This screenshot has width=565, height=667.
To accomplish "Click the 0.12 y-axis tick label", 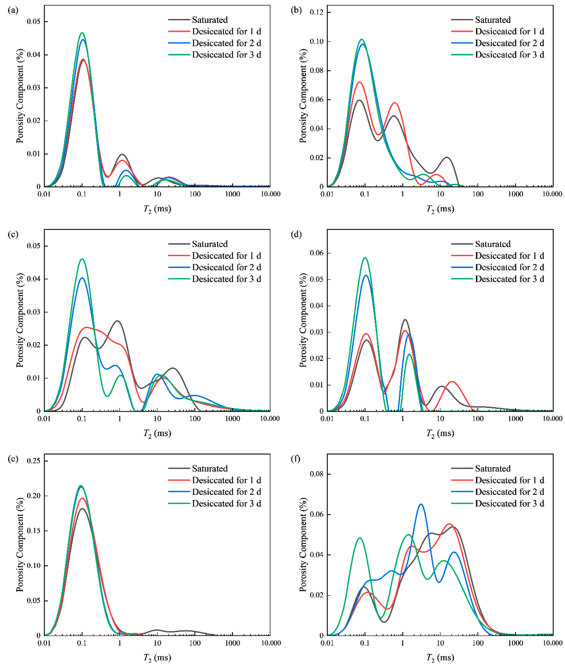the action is [x=317, y=12].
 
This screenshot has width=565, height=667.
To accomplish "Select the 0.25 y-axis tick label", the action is [x=34, y=461].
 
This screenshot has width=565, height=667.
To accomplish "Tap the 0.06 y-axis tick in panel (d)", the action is [x=317, y=253].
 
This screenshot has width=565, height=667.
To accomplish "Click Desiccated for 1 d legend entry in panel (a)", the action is [x=215, y=31].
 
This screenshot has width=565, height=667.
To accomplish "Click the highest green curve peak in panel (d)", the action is [x=365, y=257].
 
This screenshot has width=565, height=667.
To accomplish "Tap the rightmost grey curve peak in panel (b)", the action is [x=446, y=157].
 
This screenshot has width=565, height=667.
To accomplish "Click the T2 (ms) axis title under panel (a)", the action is [x=157, y=209].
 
